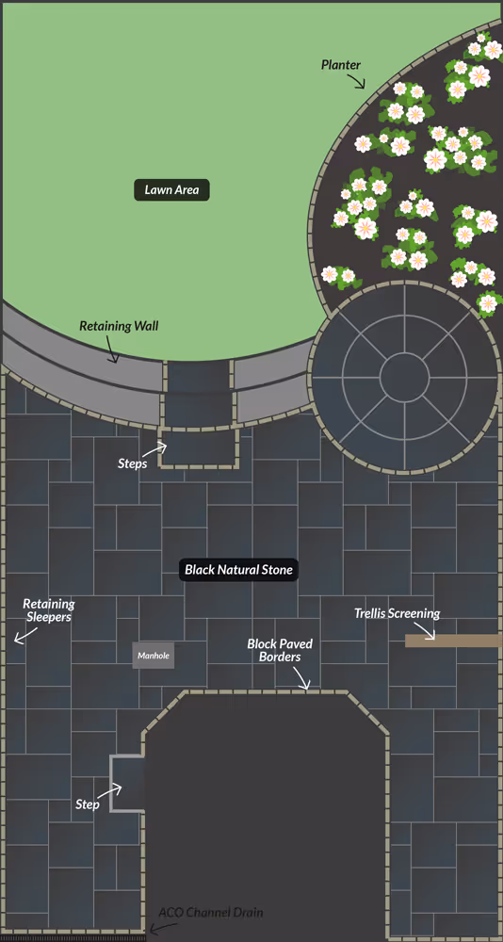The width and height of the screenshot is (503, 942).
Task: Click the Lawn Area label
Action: click(171, 190)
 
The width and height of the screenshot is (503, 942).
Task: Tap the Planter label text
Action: click(341, 64)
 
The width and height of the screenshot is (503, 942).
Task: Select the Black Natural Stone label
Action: click(239, 570)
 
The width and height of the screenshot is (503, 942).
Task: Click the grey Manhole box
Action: click(154, 656)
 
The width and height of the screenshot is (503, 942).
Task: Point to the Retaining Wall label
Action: click(119, 326)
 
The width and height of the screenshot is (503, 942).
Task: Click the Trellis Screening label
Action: click(397, 613)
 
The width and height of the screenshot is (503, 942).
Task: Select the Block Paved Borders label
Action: click(280, 650)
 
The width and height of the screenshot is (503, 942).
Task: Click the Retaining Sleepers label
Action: click(49, 609)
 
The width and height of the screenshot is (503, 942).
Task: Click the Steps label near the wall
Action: click(133, 463)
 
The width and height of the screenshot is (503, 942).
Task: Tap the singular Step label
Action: click(88, 804)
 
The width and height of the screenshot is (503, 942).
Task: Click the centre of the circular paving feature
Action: click(404, 377)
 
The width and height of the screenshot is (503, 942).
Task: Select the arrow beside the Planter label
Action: click(358, 82)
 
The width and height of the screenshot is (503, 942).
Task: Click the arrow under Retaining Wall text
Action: click(109, 353)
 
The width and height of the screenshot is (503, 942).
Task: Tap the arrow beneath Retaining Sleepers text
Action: click(23, 637)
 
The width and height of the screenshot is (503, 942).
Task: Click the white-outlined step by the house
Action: click(127, 784)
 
